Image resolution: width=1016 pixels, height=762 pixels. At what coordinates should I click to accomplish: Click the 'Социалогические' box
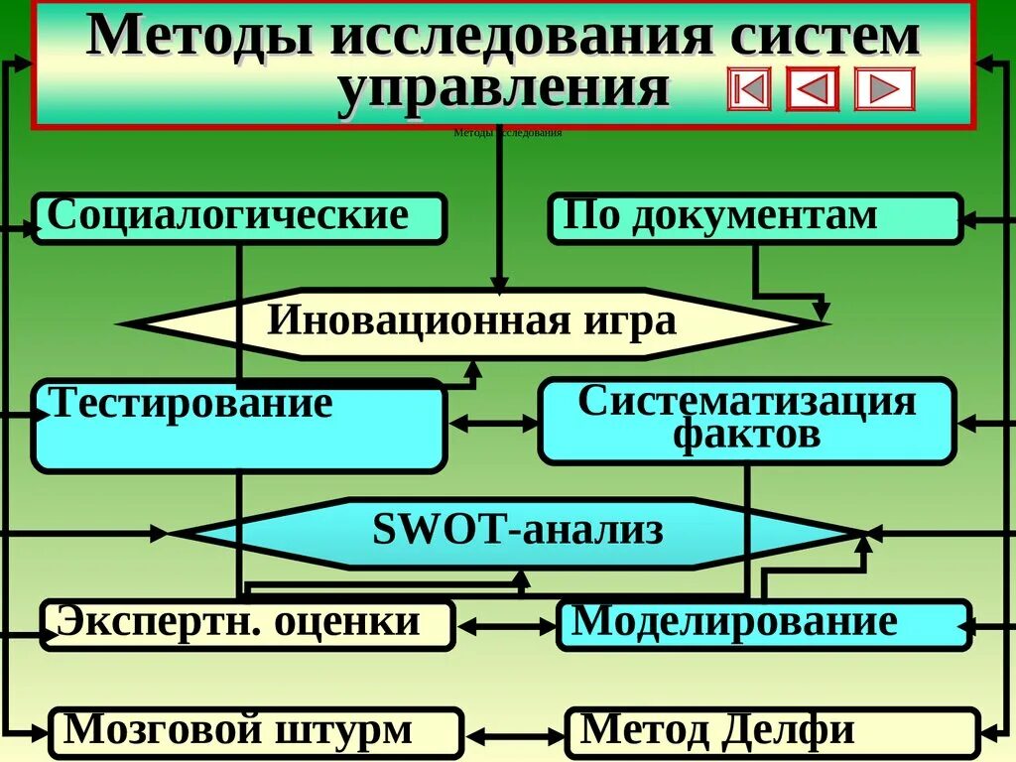click(x=239, y=218)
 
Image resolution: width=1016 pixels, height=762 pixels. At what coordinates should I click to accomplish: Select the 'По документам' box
click(x=755, y=218)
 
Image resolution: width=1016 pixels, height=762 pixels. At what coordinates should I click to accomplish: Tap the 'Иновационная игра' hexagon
click(x=472, y=322)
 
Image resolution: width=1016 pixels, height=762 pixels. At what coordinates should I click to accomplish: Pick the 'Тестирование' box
click(x=239, y=425)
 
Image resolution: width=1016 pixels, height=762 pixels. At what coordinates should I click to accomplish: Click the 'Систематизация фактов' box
click(x=747, y=421)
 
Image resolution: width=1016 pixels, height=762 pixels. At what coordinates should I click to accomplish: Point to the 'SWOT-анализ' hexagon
click(x=517, y=533)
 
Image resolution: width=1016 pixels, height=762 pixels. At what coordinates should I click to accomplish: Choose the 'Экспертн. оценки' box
click(x=247, y=625)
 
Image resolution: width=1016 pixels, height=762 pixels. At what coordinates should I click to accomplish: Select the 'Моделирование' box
click(x=763, y=625)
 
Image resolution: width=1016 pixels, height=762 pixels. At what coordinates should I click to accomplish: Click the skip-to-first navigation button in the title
click(x=748, y=89)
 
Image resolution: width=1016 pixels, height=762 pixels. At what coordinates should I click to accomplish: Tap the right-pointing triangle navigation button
click(x=883, y=89)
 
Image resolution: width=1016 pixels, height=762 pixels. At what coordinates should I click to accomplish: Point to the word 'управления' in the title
click(x=503, y=88)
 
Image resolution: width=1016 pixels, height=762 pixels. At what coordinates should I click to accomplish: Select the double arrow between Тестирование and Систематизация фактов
click(x=492, y=424)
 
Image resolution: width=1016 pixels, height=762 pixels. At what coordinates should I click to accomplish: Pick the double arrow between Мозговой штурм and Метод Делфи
click(x=514, y=736)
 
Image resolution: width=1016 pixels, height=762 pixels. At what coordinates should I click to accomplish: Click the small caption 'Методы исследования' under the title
click(x=507, y=133)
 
